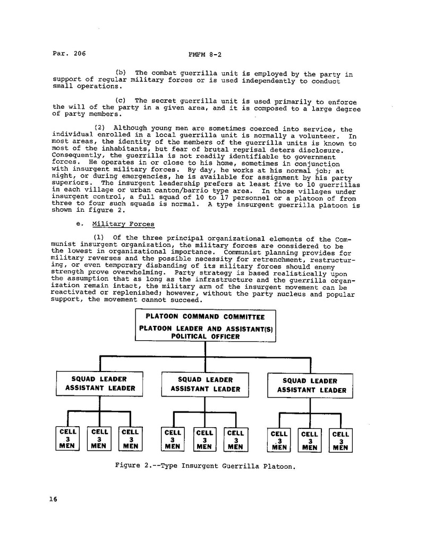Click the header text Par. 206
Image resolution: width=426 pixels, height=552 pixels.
pyautogui.click(x=69, y=54)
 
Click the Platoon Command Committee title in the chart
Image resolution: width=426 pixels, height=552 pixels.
pyautogui.click(x=205, y=317)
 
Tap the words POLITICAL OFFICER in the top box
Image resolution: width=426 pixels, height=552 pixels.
pyautogui.click(x=205, y=336)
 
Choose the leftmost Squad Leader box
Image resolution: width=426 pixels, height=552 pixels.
pyautogui.click(x=100, y=384)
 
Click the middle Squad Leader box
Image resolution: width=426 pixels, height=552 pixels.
pyautogui.click(x=205, y=384)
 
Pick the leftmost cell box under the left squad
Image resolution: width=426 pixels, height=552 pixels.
pyautogui.click(x=67, y=439)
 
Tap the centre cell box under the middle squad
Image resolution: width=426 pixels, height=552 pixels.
pyautogui.click(x=204, y=439)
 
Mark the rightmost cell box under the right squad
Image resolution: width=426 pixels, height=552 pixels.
pyautogui.click(x=340, y=441)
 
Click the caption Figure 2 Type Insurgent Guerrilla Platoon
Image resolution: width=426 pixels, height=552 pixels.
pyautogui.click(x=205, y=467)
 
